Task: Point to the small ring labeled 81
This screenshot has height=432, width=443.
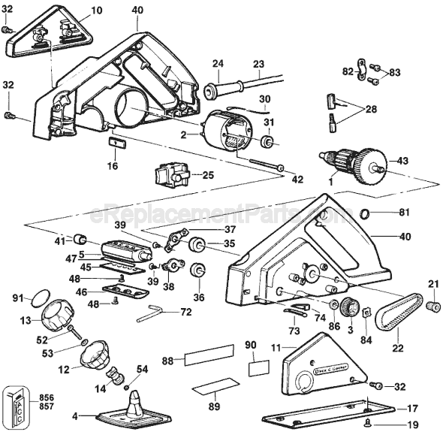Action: coord(364,213)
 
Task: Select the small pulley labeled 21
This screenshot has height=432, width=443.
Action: coord(433,307)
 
